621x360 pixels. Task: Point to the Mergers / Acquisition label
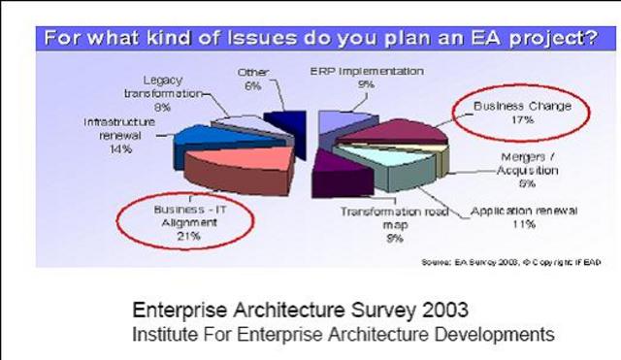pos(525,166)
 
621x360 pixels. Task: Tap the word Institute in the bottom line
pos(165,333)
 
